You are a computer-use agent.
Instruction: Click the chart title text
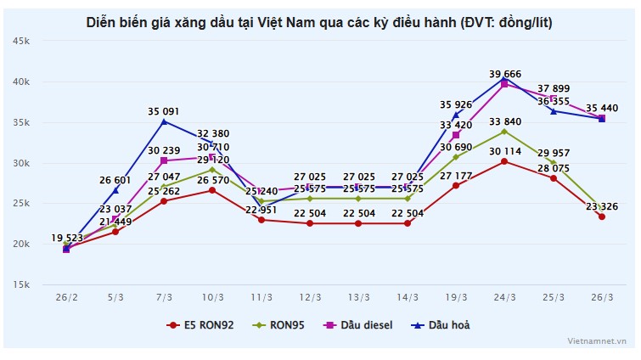pyautogui.click(x=319, y=22)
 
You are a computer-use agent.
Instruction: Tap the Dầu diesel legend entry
pyautogui.click(x=360, y=324)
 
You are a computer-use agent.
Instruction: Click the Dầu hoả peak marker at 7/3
pyautogui.click(x=164, y=121)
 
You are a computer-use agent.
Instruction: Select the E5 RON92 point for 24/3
pyautogui.click(x=504, y=161)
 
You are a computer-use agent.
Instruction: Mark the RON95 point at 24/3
pyautogui.click(x=504, y=132)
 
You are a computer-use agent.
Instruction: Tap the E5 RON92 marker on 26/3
pyautogui.click(x=602, y=217)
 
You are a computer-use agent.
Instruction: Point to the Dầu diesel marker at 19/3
pyautogui.click(x=456, y=135)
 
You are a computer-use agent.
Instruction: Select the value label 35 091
pyautogui.click(x=164, y=110)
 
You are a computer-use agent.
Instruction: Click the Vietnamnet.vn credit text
pyautogui.click(x=598, y=340)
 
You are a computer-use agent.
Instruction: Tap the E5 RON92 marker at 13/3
pyautogui.click(x=358, y=223)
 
